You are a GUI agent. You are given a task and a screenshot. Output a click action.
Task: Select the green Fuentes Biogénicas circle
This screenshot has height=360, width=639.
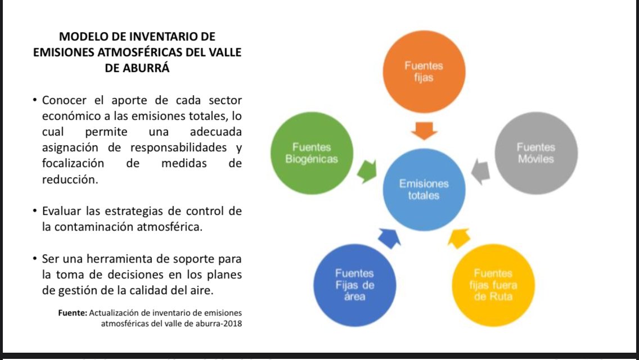coord(312,153)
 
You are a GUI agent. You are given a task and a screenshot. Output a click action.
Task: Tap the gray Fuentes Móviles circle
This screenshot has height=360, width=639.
coord(535,153)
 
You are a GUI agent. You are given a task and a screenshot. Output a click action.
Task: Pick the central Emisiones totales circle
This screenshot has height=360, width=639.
coord(424,190)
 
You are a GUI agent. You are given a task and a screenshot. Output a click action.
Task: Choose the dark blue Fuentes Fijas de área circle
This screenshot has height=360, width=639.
coord(354,285)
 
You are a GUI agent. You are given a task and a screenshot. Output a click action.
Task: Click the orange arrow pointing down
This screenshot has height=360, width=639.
coord(424,130)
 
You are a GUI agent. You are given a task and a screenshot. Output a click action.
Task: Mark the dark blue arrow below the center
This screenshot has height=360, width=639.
coord(389,237)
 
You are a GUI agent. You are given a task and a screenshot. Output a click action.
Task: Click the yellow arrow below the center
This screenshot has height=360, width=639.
coord(458,237)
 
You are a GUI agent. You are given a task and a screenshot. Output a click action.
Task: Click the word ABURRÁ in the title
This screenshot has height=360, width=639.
coord(148,70)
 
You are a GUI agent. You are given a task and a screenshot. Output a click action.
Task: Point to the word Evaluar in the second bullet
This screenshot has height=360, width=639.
coord(63,211)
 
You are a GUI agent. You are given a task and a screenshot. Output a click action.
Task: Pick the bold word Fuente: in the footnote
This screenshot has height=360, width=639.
coord(73,313)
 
